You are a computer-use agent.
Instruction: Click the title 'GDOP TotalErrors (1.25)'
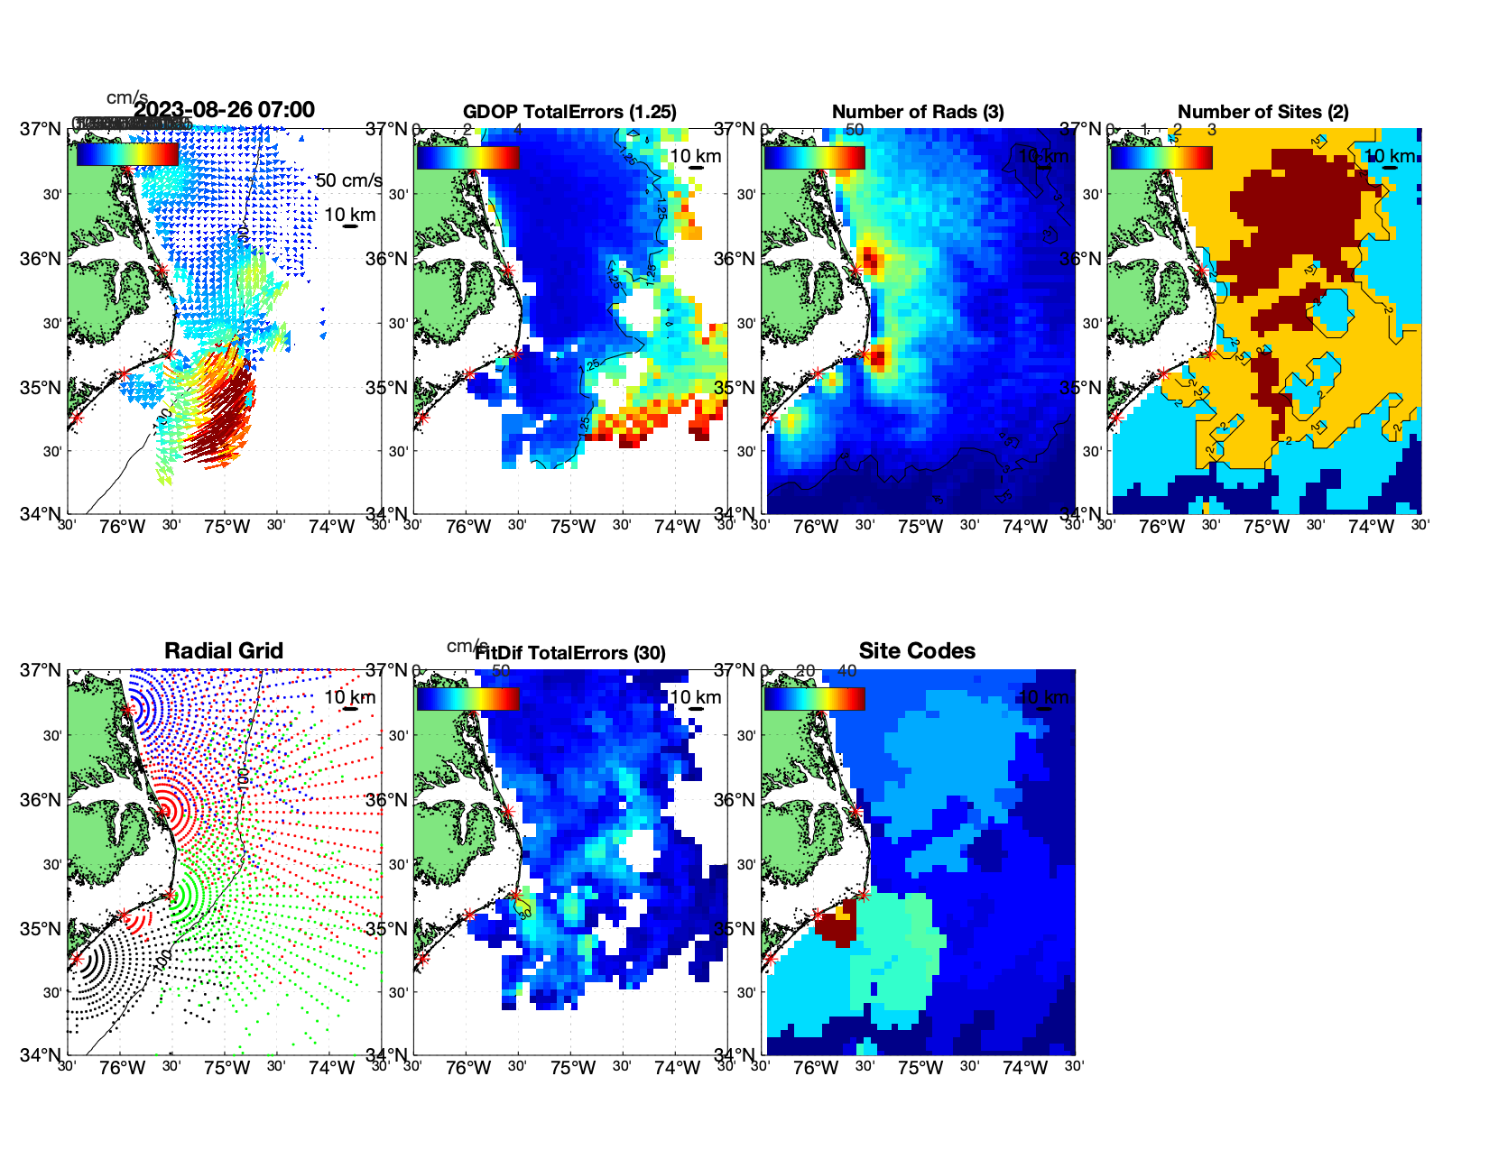tap(569, 112)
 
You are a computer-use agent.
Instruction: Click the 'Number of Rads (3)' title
tap(917, 112)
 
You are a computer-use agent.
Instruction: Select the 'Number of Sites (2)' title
tap(1262, 112)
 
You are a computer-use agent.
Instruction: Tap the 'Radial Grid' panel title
tap(224, 651)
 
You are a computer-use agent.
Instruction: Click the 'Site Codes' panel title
tap(917, 651)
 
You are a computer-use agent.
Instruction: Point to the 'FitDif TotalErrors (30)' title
tap(570, 653)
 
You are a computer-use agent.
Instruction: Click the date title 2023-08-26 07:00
tap(224, 110)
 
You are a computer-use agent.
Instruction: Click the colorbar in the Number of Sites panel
tap(1161, 157)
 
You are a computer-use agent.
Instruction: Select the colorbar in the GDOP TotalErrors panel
tap(467, 157)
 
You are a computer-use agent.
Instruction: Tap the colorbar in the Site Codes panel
tap(814, 698)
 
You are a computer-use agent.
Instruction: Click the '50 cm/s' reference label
tap(349, 180)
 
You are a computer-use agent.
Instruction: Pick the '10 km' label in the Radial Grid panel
tap(349, 697)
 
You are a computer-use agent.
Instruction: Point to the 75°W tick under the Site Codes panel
tap(920, 1068)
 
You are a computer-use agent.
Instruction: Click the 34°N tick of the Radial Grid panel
tap(40, 1054)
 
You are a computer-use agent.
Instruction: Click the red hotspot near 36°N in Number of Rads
tap(870, 261)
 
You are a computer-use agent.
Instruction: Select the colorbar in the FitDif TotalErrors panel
tap(467, 698)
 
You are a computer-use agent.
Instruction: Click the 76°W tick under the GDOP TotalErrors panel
tap(468, 527)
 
